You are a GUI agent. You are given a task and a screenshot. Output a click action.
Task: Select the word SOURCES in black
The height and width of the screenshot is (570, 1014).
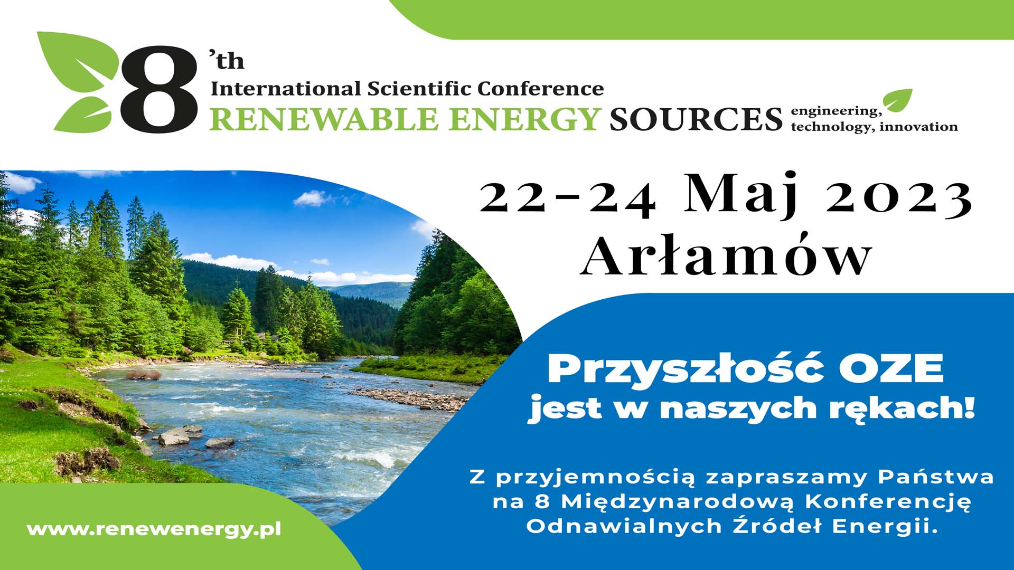[x=696, y=119]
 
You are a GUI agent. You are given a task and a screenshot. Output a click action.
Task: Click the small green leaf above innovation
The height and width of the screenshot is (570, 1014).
[x=898, y=100]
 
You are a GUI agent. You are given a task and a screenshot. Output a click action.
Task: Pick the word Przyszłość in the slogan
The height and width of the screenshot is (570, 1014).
[x=678, y=369]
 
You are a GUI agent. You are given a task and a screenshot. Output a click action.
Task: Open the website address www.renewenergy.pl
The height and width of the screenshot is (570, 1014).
[x=154, y=529]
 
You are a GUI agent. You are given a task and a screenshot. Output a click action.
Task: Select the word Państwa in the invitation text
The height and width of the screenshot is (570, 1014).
[x=936, y=477]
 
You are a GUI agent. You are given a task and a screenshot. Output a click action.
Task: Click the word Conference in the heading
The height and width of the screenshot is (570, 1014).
[x=540, y=88]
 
